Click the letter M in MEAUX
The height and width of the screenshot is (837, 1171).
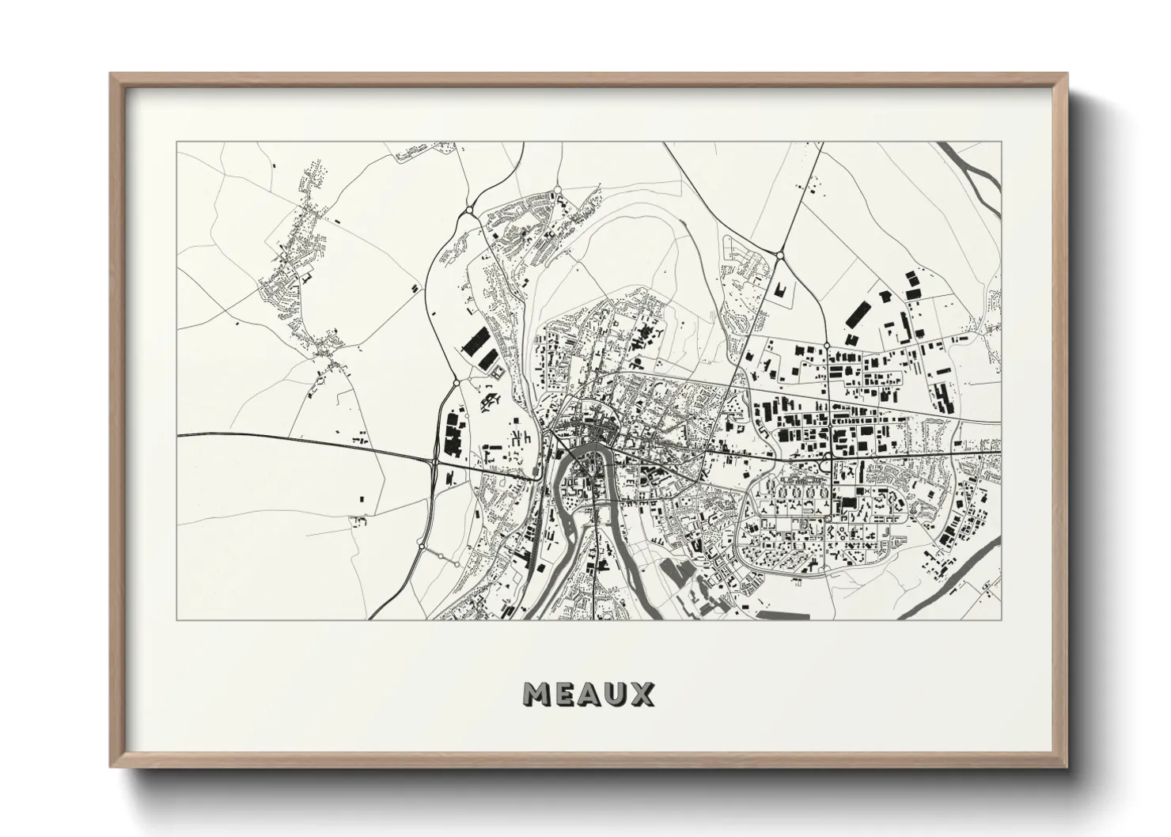(x=538, y=695)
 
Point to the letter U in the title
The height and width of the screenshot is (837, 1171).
(x=614, y=695)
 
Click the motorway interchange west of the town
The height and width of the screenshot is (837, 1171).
(x=434, y=461)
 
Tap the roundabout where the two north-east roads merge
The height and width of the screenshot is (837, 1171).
(x=779, y=256)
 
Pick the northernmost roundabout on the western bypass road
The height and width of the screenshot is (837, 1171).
(x=471, y=210)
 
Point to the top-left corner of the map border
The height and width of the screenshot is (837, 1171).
(x=176, y=142)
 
